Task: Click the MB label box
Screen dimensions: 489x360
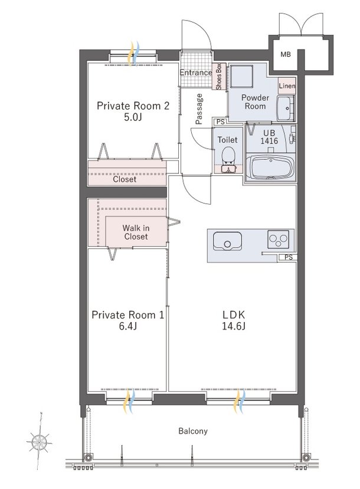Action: pos(286,54)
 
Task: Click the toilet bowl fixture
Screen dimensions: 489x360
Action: pos(228,156)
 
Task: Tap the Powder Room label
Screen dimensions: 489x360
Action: pos(254,102)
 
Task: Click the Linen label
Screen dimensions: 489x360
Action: pos(287,86)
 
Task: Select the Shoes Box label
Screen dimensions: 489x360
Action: pos(218,76)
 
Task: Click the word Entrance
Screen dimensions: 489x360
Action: pos(196,73)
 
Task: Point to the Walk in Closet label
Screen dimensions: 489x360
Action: pos(136,232)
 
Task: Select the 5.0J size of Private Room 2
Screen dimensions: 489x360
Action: pos(133,117)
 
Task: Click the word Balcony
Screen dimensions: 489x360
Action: pos(193,431)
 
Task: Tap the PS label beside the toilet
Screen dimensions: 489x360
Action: pos(220,122)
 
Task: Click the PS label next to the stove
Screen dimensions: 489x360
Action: pos(288,257)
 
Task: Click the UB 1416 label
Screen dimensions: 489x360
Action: pos(271,138)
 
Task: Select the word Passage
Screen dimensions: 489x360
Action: pos(199,109)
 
